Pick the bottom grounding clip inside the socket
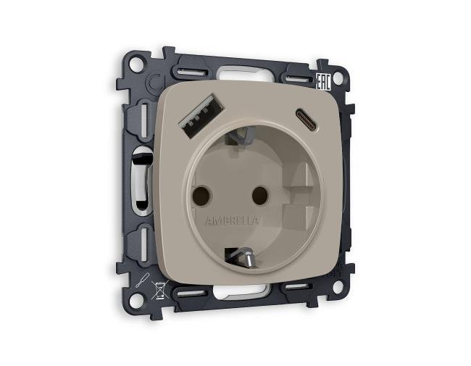pyautogui.click(x=242, y=255)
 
